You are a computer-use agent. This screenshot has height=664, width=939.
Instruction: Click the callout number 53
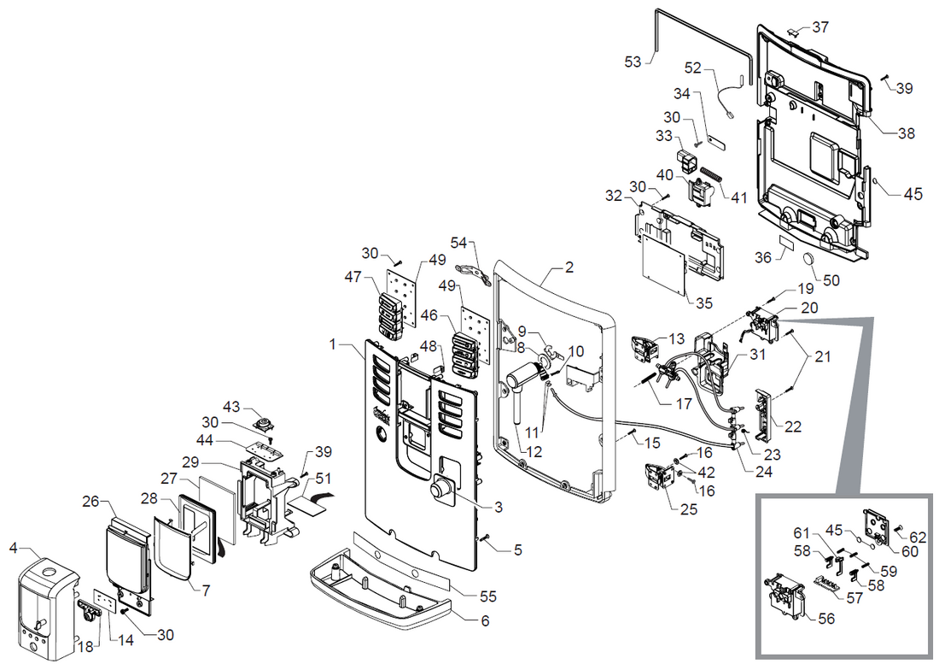pos(633,61)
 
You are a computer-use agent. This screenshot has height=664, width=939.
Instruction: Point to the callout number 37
pos(819,27)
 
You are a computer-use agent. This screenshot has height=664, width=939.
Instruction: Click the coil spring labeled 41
pos(711,180)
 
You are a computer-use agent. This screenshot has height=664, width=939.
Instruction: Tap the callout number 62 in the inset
pos(917,538)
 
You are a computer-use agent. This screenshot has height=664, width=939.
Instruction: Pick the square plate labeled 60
pos(878,526)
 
